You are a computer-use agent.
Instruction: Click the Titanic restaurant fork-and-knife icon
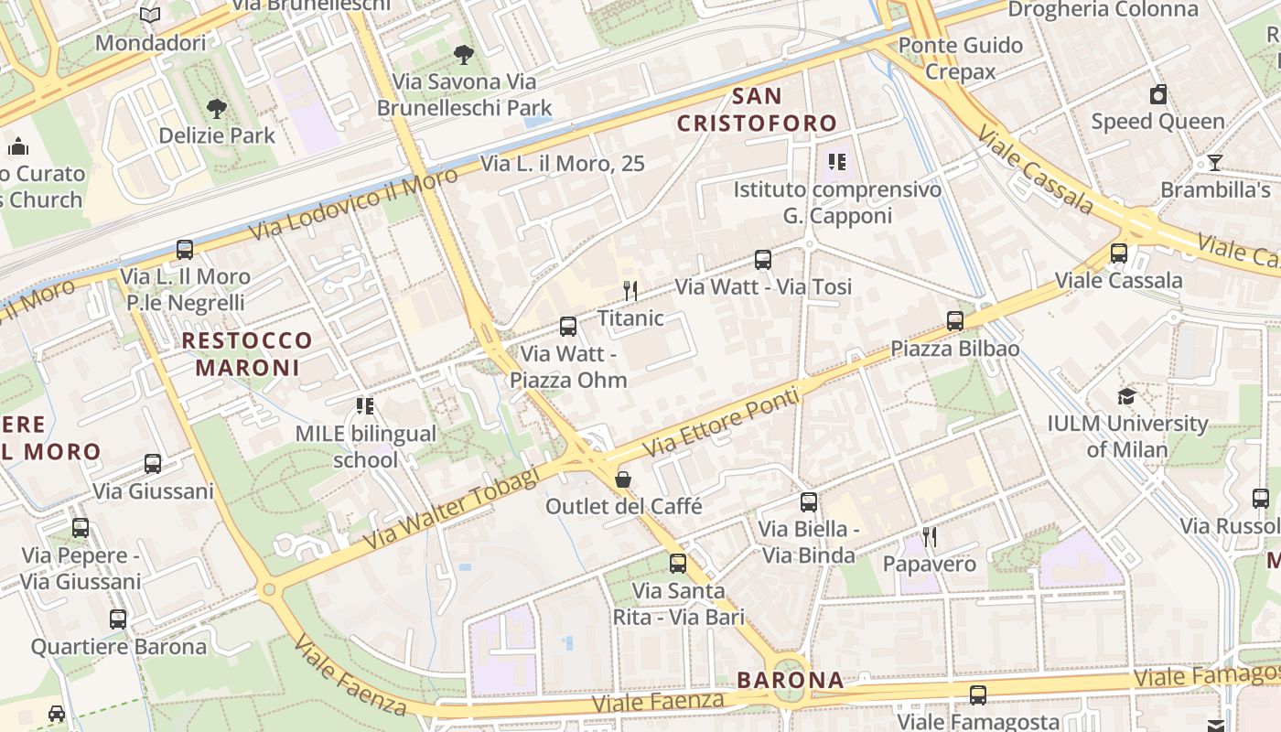click(630, 291)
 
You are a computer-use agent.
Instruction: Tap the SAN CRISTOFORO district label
click(757, 110)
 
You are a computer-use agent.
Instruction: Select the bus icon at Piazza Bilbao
click(955, 320)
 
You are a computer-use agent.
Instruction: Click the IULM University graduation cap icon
click(1126, 396)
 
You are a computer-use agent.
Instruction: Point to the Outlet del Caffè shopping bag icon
click(623, 479)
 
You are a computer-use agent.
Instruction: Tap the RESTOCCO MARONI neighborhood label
click(247, 354)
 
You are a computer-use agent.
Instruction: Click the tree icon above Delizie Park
click(217, 109)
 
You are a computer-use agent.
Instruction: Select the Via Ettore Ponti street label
click(721, 424)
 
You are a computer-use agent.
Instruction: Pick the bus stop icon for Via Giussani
click(153, 464)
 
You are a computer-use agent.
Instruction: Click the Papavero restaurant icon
click(930, 537)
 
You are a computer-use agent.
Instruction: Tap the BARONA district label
click(790, 680)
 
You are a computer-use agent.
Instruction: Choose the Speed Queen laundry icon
click(1158, 94)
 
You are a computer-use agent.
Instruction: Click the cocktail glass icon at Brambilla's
click(1214, 163)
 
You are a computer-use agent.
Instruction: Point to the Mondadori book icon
click(150, 16)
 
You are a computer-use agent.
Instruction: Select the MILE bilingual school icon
click(365, 405)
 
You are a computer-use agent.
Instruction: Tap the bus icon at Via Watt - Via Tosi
click(763, 259)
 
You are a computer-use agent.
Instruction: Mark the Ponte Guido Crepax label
click(960, 58)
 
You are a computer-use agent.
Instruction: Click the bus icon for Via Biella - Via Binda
click(809, 501)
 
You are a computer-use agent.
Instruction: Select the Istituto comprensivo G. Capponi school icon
click(836, 162)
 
